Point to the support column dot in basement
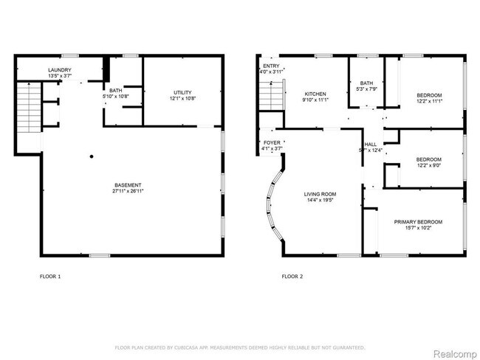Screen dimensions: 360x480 92,156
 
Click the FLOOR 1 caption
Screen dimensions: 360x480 50,277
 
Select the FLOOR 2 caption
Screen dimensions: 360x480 292,277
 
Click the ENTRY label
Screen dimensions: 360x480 271,66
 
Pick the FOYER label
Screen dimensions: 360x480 271,142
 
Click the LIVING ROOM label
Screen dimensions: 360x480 320,194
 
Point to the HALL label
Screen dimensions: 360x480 371,144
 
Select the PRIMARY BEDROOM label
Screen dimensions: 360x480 418,222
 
